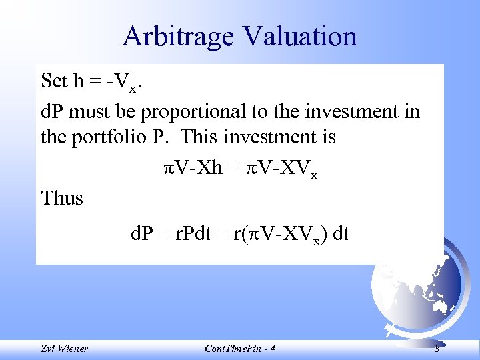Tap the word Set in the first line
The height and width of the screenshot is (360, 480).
pyautogui.click(x=54, y=81)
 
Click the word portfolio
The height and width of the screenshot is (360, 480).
pyautogui.click(x=117, y=138)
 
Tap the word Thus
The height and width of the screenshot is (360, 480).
pyautogui.click(x=62, y=198)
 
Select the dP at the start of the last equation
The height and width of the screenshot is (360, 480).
pyautogui.click(x=143, y=234)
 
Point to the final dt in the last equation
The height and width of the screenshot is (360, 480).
pyautogui.click(x=341, y=234)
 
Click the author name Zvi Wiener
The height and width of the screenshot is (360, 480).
pyautogui.click(x=64, y=349)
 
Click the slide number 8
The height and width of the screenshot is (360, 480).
pyautogui.click(x=437, y=349)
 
